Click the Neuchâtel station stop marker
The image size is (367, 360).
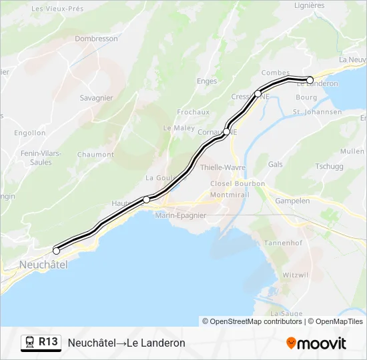pyautogui.click(x=57, y=251)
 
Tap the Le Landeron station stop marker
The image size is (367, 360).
pyautogui.click(x=310, y=80)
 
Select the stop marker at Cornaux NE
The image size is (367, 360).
pyautogui.click(x=226, y=131)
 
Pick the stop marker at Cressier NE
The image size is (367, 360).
pyautogui.click(x=258, y=94)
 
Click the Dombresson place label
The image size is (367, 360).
pyautogui.click(x=96, y=39)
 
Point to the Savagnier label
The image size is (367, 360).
pyautogui.click(x=96, y=98)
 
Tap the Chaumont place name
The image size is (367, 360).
pyautogui.click(x=95, y=155)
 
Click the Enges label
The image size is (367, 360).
pyautogui.click(x=207, y=81)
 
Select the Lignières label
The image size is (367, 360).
pyautogui.click(x=309, y=5)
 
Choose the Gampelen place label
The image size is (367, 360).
pyautogui.click(x=292, y=201)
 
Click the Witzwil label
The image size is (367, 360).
pyautogui.click(x=295, y=274)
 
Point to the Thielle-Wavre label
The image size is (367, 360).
pyautogui.click(x=223, y=167)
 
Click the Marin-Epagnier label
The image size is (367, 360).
pyautogui.click(x=180, y=215)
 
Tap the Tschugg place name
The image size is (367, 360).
pyautogui.click(x=329, y=167)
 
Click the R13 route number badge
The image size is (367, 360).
pyautogui.click(x=48, y=341)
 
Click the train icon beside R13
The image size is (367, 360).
pyautogui.click(x=30, y=342)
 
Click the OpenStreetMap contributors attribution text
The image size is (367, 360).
pyautogui.click(x=252, y=321)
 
